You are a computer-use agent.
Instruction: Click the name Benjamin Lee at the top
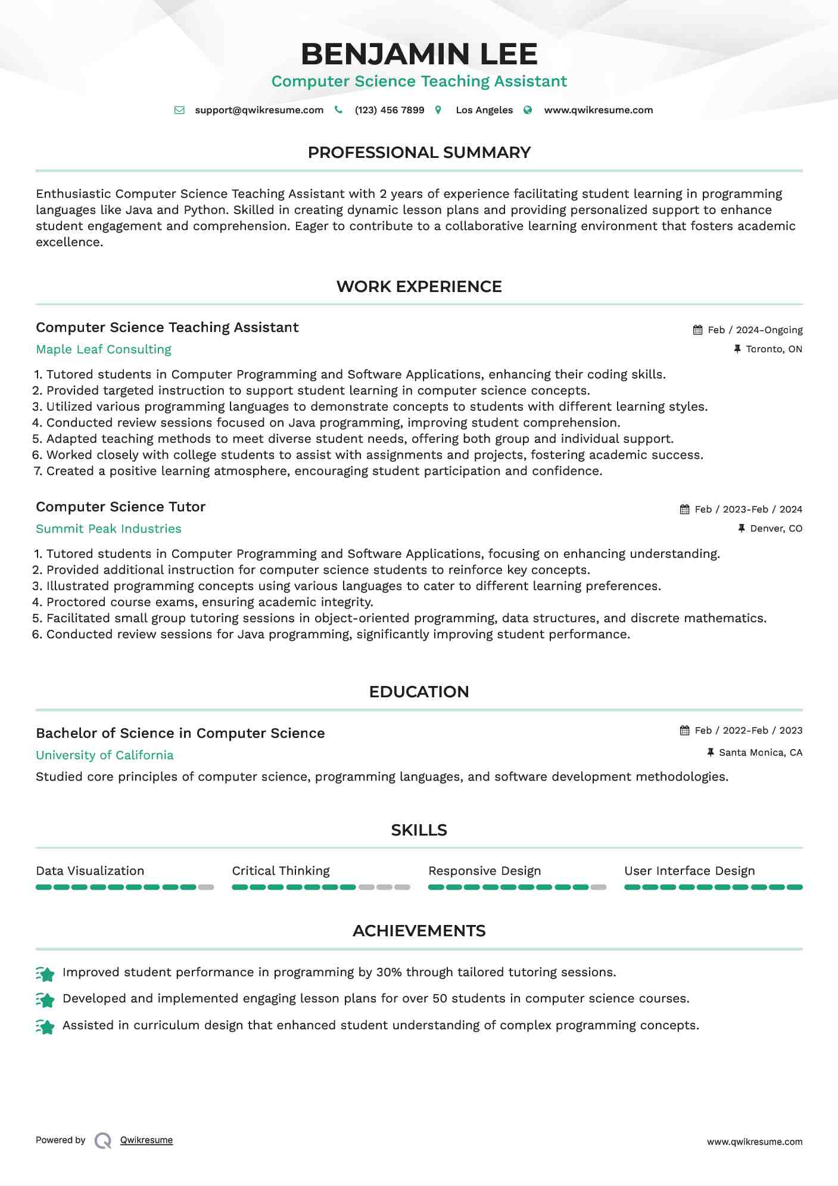(x=419, y=54)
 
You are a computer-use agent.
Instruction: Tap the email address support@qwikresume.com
(x=259, y=110)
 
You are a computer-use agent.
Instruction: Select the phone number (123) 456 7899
(x=390, y=110)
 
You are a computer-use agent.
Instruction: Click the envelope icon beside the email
(x=179, y=110)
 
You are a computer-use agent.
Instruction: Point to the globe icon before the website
(x=528, y=110)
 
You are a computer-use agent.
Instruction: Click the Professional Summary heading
(x=419, y=153)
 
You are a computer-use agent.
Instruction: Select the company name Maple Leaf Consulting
(x=104, y=350)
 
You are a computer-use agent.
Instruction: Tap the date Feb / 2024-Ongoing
(x=755, y=330)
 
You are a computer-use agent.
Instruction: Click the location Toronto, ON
(x=774, y=349)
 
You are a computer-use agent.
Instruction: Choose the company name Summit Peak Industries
(x=108, y=529)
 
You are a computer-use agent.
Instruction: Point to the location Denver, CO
(x=776, y=529)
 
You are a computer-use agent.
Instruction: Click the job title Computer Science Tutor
(x=120, y=507)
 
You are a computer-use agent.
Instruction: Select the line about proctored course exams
(x=210, y=603)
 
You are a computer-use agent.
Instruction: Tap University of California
(x=105, y=756)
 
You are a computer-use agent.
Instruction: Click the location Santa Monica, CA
(x=761, y=753)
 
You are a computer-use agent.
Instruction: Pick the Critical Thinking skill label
(x=281, y=871)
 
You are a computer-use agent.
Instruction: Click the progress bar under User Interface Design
(x=713, y=887)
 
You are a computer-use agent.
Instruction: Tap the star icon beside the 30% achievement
(x=45, y=974)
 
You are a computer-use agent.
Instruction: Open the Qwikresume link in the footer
(x=147, y=1141)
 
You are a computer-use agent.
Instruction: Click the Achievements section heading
(x=419, y=932)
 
